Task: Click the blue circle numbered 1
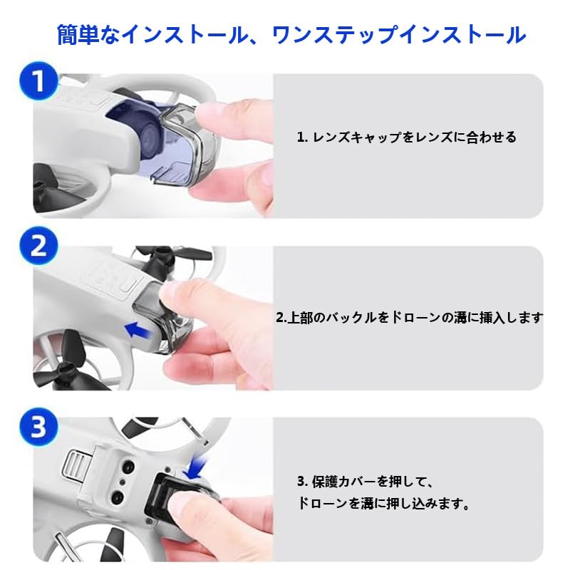click(x=38, y=81)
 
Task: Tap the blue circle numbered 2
click(x=38, y=246)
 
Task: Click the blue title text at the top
click(x=291, y=35)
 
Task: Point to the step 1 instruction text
click(x=406, y=137)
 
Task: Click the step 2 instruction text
click(x=409, y=317)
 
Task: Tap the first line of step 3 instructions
click(x=366, y=482)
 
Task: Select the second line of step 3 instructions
click(x=383, y=504)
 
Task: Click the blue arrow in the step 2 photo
click(x=138, y=330)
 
